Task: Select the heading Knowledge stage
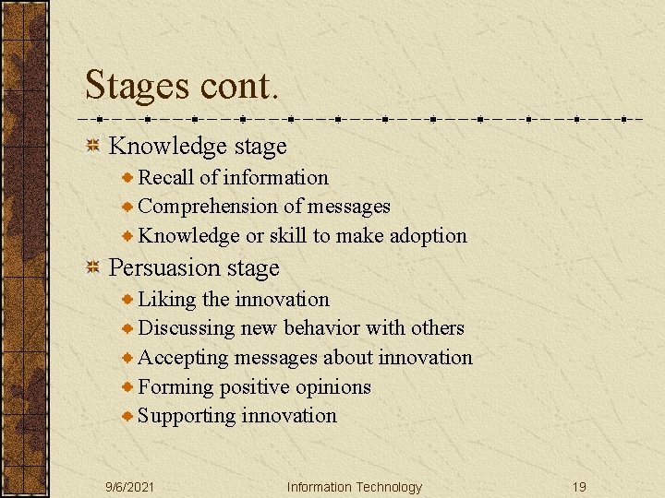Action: (198, 146)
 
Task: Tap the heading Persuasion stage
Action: (194, 268)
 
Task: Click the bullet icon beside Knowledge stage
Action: (92, 146)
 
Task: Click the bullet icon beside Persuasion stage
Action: (92, 268)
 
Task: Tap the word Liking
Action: (167, 300)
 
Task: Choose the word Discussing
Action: (187, 328)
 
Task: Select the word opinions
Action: (332, 387)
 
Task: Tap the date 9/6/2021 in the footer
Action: (129, 487)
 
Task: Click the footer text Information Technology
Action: (354, 487)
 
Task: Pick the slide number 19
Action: (578, 487)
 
